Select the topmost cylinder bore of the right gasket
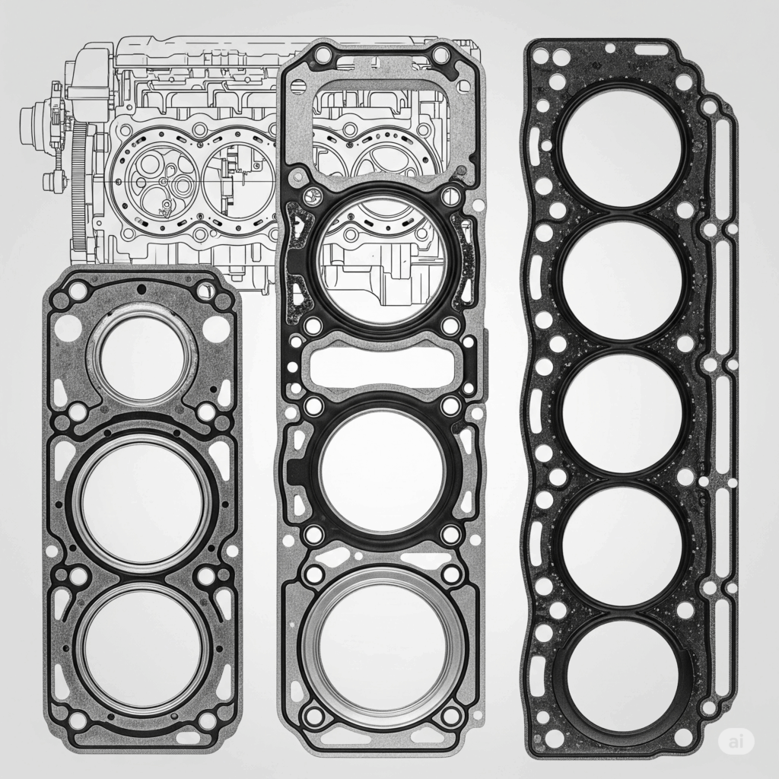[x=622, y=146]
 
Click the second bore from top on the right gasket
[x=622, y=279]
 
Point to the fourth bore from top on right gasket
[x=622, y=545]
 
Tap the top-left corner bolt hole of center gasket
[x=323, y=55]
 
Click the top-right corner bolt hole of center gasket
[x=440, y=56]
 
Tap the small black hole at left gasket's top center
[x=141, y=289]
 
